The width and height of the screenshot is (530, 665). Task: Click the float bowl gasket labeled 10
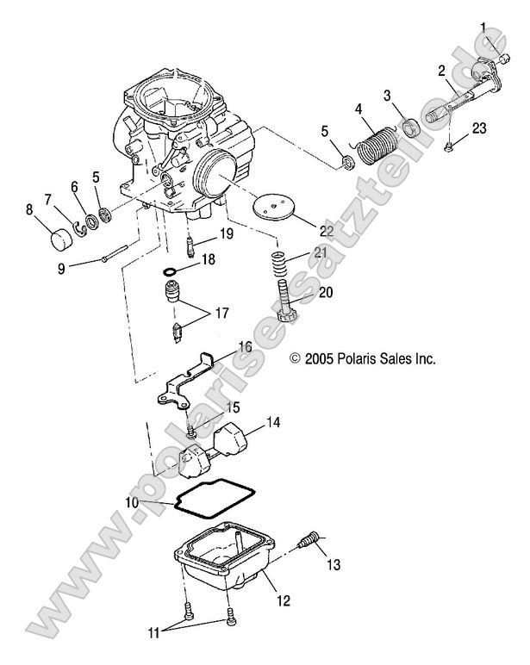pos(203,498)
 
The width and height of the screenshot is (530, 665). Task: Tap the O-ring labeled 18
pos(171,272)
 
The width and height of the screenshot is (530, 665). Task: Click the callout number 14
pos(273,423)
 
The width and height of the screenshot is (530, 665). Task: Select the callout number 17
pos(221,314)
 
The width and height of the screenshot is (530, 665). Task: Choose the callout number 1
pos(483,27)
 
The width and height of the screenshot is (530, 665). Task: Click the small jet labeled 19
pos(192,245)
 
